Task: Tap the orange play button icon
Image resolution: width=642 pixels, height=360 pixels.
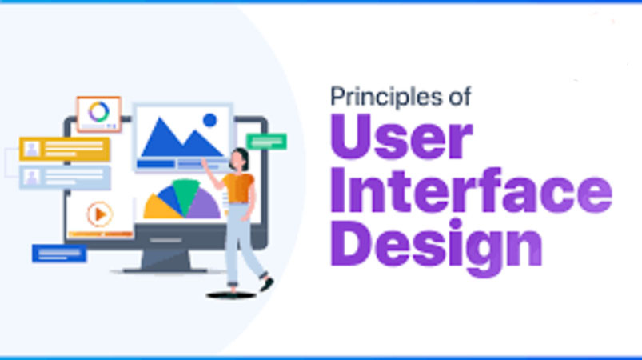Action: click(x=100, y=214)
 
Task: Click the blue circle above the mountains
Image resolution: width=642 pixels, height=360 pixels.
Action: click(x=210, y=120)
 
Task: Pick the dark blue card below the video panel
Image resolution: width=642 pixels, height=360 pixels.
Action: click(x=58, y=254)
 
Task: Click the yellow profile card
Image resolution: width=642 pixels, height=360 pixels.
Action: click(x=65, y=149)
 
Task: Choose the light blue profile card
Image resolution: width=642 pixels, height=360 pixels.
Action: click(x=65, y=177)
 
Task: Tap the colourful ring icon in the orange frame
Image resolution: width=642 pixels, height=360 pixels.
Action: click(x=98, y=112)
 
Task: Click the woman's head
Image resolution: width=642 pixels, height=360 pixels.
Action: click(x=238, y=158)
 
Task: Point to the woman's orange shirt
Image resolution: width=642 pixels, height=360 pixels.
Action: click(x=238, y=186)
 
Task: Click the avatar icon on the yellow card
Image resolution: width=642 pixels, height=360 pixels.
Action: click(x=32, y=149)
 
